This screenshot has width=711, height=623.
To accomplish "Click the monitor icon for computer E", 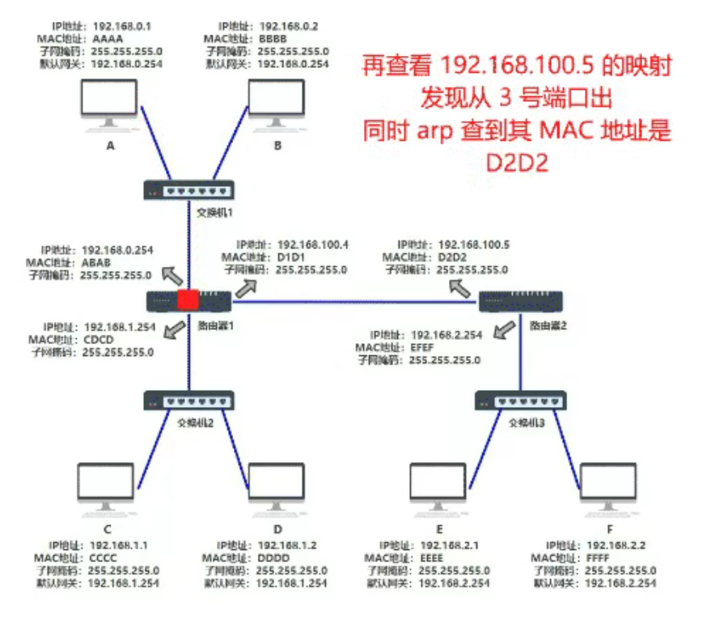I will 438,487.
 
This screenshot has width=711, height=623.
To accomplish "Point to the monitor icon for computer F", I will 607,487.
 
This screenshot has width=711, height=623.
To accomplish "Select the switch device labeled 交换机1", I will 189,191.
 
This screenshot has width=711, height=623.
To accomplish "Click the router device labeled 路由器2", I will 518,302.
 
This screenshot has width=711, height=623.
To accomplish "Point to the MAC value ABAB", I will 96,263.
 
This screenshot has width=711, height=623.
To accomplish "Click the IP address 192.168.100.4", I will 313,244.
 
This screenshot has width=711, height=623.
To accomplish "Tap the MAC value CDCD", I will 98,341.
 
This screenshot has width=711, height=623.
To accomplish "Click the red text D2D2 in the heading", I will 517,163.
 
